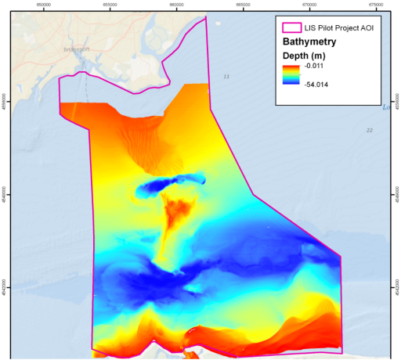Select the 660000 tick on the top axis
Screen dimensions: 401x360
(x=177, y=3)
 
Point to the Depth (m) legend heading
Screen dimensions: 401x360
(x=304, y=56)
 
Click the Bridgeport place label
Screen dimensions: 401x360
(x=77, y=49)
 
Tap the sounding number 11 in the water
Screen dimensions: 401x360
(x=227, y=76)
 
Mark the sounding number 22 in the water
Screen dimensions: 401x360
(x=369, y=130)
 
